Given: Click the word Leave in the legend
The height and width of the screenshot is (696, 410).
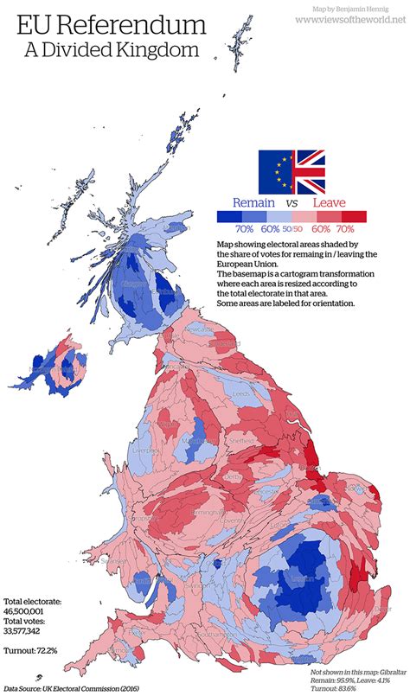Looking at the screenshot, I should point(329,203).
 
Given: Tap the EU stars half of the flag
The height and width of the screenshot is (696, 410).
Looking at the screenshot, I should point(276,171).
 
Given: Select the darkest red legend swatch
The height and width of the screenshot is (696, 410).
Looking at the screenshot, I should point(357,217).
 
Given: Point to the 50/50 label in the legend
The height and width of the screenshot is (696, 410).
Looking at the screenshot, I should point(291,229).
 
